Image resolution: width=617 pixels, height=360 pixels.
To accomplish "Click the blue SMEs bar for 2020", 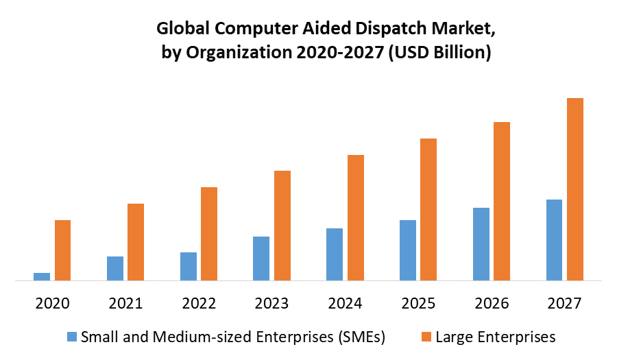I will coord(42,276).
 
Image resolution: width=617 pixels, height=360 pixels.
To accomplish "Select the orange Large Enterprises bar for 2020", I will coord(63,250).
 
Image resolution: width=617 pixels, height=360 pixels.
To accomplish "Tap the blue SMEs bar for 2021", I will coord(115,268).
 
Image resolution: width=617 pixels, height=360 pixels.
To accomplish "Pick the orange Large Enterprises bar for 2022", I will coord(209,234).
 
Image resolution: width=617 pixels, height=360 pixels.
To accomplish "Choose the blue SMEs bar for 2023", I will coord(261,259).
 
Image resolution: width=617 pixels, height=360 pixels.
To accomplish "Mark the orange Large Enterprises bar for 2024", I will coord(356,217).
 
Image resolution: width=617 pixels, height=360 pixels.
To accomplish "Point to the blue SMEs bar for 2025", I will coord(408,250).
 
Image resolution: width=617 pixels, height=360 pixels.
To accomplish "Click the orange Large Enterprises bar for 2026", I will coord(502,201).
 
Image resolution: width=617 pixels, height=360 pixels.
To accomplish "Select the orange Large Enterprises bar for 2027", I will coord(575,189).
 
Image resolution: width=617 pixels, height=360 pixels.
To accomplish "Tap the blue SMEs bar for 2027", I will coord(554,240).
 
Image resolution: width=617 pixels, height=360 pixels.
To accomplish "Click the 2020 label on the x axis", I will coord(52,303).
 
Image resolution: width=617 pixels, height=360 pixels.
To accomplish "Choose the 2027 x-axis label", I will coord(565,303).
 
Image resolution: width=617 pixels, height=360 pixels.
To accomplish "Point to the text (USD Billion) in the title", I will coord(439,53).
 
